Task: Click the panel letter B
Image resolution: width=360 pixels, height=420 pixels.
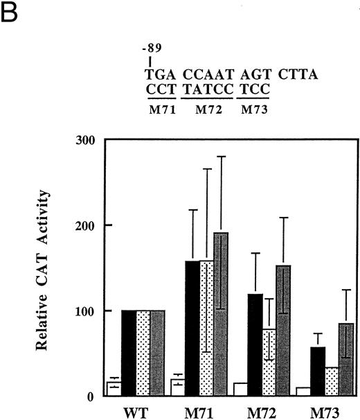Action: [x=9, y=12]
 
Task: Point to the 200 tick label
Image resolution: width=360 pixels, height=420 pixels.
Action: [x=86, y=225]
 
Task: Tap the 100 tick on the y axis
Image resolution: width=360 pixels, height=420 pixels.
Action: [x=86, y=311]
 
